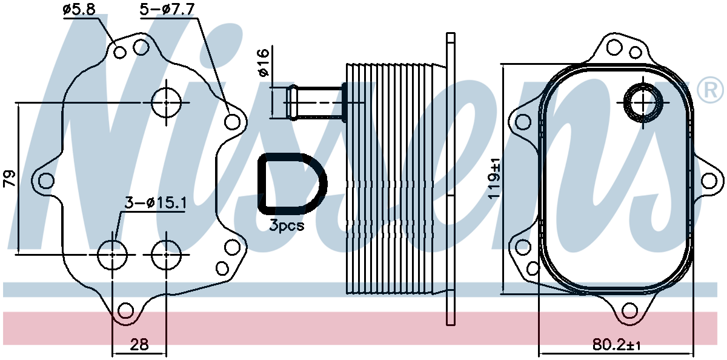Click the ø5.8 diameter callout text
[x=79, y=10]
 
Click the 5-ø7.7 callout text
[x=167, y=10]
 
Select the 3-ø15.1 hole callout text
[x=156, y=204]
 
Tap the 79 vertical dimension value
[x=10, y=178]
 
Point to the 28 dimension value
[x=139, y=344]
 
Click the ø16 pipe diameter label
[x=264, y=62]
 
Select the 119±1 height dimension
[x=494, y=179]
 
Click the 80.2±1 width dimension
[x=617, y=345]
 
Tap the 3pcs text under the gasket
[x=287, y=225]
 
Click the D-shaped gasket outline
[x=260, y=184]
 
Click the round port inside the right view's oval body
[x=643, y=102]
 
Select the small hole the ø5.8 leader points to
[x=120, y=52]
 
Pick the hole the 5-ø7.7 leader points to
[x=232, y=122]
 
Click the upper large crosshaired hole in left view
[x=166, y=102]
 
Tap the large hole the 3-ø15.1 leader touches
[x=113, y=255]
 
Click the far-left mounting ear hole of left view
[x=47, y=181]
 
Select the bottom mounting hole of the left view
[x=125, y=311]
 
